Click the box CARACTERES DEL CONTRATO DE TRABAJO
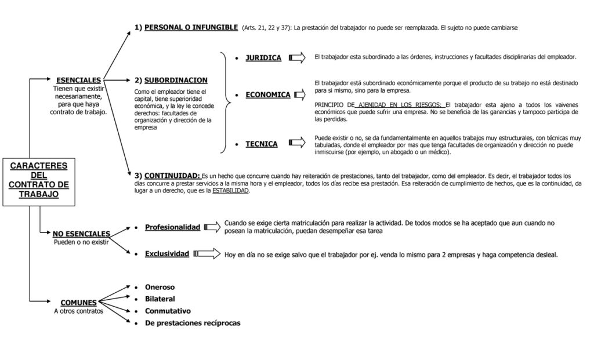38,180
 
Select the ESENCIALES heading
78,80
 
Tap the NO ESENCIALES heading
81,234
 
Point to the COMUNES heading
78,302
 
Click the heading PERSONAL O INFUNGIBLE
191,27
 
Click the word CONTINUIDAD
172,175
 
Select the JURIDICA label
263,58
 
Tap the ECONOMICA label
267,94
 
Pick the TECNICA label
262,144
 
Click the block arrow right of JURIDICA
296,57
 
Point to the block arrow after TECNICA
296,143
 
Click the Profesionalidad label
172,227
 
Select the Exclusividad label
166,254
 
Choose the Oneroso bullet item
160,287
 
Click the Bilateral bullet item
160,299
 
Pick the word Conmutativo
168,310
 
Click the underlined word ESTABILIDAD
230,191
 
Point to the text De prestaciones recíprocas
192,322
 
